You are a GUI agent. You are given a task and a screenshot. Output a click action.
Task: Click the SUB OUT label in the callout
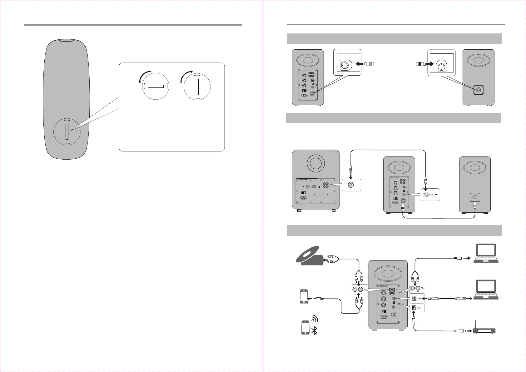(x=434, y=195)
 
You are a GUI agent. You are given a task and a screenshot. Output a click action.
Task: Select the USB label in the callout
(x=419, y=298)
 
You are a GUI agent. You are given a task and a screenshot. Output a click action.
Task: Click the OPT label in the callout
(x=419, y=308)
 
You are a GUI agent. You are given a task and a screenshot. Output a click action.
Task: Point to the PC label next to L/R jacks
(x=422, y=288)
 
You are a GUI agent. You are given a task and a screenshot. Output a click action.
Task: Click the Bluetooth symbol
(x=315, y=330)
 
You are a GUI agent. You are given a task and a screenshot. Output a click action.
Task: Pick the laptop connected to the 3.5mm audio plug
(x=486, y=253)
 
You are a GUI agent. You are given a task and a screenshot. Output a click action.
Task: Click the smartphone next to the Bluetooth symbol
(x=305, y=328)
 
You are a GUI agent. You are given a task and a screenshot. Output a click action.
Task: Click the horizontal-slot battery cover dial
(x=156, y=86)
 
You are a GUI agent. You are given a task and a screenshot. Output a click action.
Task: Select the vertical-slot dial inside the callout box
(x=197, y=87)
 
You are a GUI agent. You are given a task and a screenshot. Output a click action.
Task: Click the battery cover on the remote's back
(x=67, y=131)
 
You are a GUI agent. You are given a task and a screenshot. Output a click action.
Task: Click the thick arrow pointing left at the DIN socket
(x=360, y=64)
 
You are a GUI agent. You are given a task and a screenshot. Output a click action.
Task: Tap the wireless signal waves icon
(x=315, y=318)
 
